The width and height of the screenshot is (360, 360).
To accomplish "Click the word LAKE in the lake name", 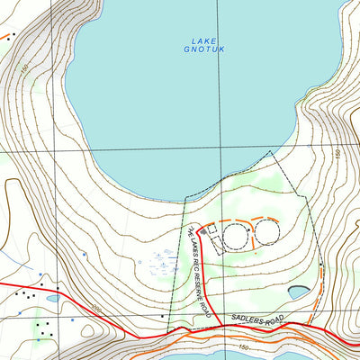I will pos(204,40).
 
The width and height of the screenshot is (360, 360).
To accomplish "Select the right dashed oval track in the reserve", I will pos(268,233).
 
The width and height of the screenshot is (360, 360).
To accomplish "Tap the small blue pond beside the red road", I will pos(52,298).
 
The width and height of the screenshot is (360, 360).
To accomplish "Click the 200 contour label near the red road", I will pos(96,310).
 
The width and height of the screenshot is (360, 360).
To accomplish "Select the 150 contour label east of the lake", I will pos(337,154).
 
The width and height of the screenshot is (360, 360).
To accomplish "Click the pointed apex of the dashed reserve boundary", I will pos(272,153).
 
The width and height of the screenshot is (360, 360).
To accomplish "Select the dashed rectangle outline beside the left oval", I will pos(216,235).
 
